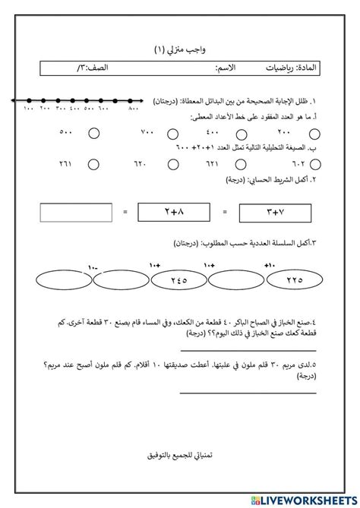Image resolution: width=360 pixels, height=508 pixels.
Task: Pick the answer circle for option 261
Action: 93,162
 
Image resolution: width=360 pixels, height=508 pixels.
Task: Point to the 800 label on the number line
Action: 134,111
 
